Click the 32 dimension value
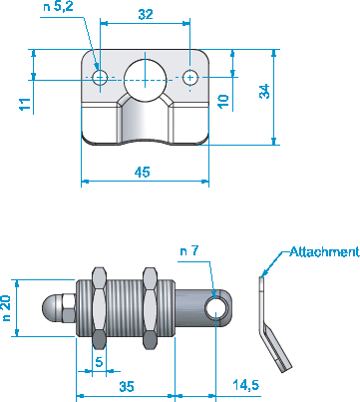click(146, 14)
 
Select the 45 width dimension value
click(143, 172)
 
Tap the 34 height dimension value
click(264, 91)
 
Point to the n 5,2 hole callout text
click(58, 7)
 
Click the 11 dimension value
click(25, 104)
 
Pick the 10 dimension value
click(223, 101)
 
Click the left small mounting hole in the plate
click(100, 78)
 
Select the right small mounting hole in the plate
click(190, 78)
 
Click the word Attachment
click(324, 251)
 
